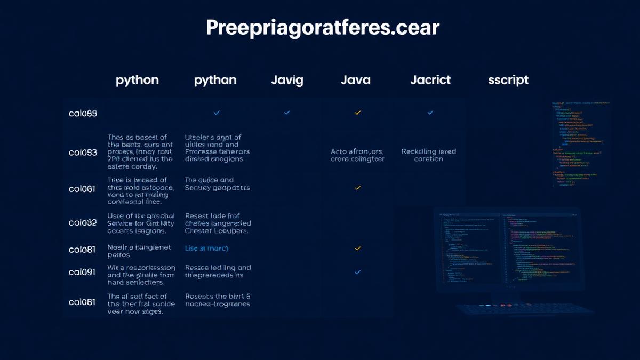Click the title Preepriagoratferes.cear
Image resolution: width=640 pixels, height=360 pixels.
click(323, 28)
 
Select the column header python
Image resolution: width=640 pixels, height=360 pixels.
click(137, 80)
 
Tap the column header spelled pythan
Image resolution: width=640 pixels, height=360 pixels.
click(215, 80)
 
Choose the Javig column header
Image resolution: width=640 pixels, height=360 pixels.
click(287, 80)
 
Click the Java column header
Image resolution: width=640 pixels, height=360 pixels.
click(355, 80)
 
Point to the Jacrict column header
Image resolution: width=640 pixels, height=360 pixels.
click(430, 80)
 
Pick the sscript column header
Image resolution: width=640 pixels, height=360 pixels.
click(508, 80)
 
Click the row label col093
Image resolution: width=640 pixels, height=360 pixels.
click(83, 152)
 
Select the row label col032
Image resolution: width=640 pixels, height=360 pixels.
click(83, 222)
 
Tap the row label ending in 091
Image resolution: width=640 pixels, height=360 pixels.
click(82, 271)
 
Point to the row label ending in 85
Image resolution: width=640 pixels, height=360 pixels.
click(83, 113)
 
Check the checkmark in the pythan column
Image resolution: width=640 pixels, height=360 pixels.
click(217, 113)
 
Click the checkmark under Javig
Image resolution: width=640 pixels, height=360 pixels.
click(287, 113)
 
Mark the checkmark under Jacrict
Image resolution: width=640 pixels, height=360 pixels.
click(430, 113)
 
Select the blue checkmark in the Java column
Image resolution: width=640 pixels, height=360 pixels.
click(358, 272)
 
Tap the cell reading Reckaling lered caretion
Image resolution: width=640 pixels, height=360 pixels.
click(429, 155)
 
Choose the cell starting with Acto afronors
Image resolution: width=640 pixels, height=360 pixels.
click(357, 155)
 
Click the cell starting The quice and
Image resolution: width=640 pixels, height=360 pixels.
click(217, 184)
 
